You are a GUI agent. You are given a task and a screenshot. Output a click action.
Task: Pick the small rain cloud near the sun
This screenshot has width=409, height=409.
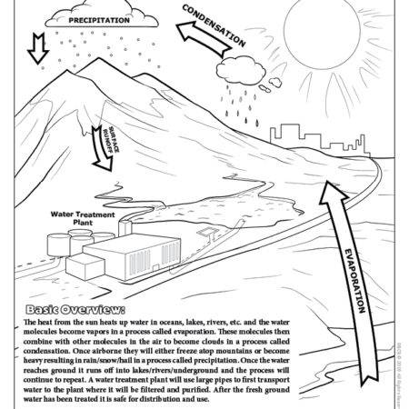(x=239, y=71)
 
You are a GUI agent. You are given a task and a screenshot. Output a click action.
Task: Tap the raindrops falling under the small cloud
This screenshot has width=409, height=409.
(x=242, y=102)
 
